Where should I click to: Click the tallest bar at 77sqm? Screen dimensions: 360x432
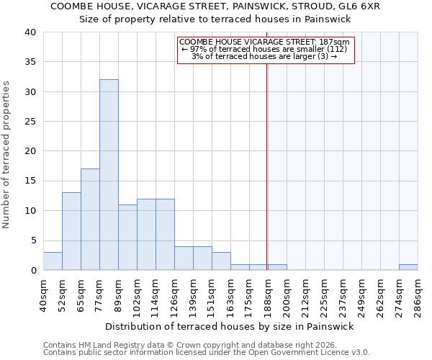[109, 175]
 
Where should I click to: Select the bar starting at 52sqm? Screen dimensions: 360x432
[71, 231]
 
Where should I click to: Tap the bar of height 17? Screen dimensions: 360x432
[90, 220]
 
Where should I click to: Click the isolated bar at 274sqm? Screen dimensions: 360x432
[408, 267]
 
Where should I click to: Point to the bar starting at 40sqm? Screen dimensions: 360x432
[53, 261]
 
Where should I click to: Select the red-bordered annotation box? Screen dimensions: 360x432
[266, 50]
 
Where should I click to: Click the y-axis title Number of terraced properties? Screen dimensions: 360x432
[7, 154]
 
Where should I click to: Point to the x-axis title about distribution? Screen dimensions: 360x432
[230, 327]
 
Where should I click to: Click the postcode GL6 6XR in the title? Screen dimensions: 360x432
[361, 6]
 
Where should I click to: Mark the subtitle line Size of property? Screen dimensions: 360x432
[215, 19]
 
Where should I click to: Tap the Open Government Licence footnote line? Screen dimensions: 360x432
[207, 353]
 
